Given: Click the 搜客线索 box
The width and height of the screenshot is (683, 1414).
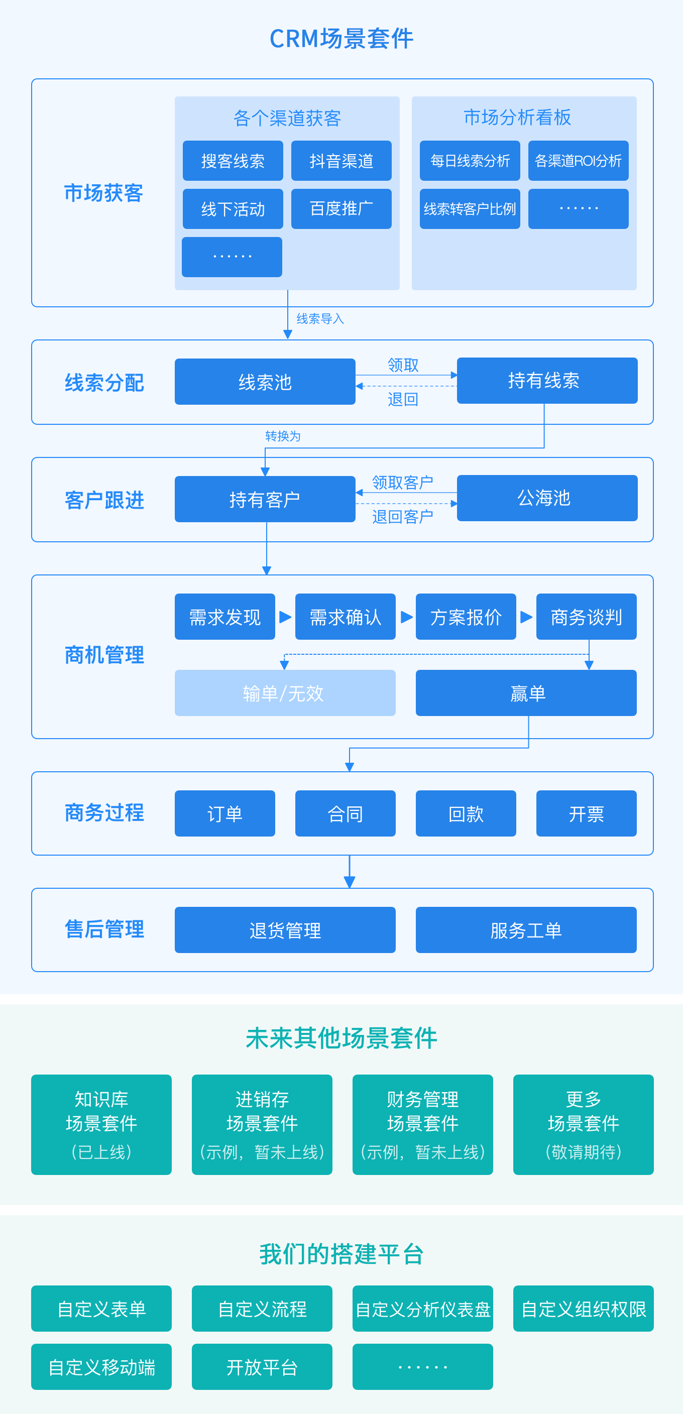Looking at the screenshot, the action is pos(233,161).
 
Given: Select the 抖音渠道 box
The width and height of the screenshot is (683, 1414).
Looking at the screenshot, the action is pos(341,161).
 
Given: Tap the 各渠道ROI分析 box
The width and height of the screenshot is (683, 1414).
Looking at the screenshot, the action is pos(578,161).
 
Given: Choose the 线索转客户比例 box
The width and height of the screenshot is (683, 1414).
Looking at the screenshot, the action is pos(470,209).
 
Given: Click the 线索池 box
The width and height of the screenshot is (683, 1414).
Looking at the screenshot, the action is pos(265,382).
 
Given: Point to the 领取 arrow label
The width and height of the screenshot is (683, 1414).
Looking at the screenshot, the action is pos(403,365).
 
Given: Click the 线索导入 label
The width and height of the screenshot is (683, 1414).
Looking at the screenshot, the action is pos(320,319).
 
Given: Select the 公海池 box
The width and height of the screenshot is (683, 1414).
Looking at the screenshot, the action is pos(547,498).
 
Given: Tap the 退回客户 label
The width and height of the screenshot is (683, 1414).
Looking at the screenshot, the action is pos(402,517).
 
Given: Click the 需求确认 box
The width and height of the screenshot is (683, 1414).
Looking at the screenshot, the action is pos(346,617).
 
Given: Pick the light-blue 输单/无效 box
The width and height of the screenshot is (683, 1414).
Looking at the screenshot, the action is pos(285,693).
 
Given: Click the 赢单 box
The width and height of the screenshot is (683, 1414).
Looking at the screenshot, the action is pos(526,693).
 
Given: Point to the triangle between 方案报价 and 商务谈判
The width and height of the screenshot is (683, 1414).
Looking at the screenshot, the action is pos(526,617).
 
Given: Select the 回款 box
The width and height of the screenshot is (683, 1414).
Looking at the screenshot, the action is pos(466,813).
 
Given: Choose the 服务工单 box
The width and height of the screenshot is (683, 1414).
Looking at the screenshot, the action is pos(526,930).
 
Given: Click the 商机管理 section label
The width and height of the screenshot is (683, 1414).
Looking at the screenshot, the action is pos(104,655).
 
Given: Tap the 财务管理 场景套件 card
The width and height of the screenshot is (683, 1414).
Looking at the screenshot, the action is pos(423,1125).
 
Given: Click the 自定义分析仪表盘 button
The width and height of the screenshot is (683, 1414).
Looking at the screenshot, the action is pos(423,1309).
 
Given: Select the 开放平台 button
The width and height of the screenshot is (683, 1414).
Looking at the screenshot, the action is pos(262,1367).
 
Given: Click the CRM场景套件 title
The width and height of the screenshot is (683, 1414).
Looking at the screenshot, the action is pos(341,39).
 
